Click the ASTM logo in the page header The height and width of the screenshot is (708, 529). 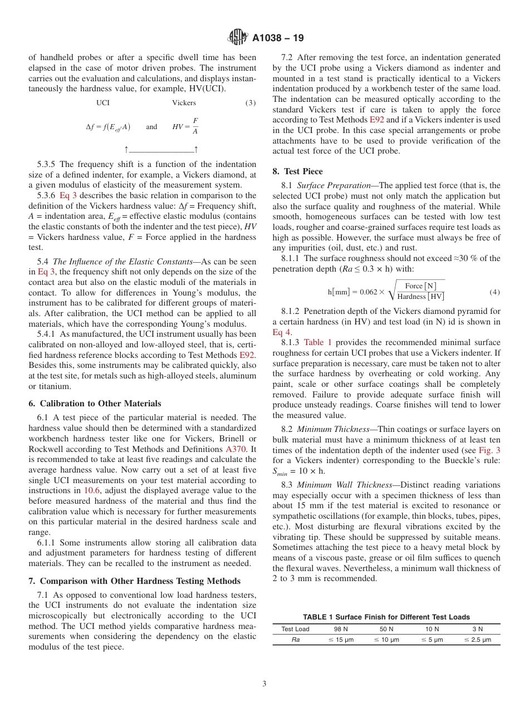pyautogui.click(x=238, y=38)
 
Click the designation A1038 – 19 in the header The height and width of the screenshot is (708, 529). pyautogui.click(x=278, y=38)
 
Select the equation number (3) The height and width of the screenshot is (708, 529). pyautogui.click(x=250, y=103)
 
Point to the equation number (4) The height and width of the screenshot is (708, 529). pyautogui.click(x=494, y=292)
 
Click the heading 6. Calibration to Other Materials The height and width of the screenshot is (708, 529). pyautogui.click(x=95, y=404)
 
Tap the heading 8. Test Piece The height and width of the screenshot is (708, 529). pyautogui.click(x=297, y=171)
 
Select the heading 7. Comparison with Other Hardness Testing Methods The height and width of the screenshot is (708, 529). pyautogui.click(x=134, y=581)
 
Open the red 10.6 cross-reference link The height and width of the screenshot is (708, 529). pyautogui.click(x=92, y=490)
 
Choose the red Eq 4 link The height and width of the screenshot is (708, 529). pyautogui.click(x=281, y=332)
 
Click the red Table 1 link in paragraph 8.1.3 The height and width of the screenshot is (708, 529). pyautogui.click(x=317, y=342)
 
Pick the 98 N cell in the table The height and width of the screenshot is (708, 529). pyautogui.click(x=341, y=629)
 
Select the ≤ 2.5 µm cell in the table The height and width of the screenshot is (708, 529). pyautogui.click(x=477, y=640)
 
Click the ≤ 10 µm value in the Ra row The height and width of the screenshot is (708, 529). pyautogui.click(x=386, y=640)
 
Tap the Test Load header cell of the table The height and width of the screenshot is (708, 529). pyautogui.click(x=295, y=629)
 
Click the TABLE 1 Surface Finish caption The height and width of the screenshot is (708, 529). pyautogui.click(x=386, y=617)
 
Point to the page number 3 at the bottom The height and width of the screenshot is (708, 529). pyautogui.click(x=264, y=684)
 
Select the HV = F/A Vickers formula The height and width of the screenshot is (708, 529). pyautogui.click(x=185, y=126)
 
